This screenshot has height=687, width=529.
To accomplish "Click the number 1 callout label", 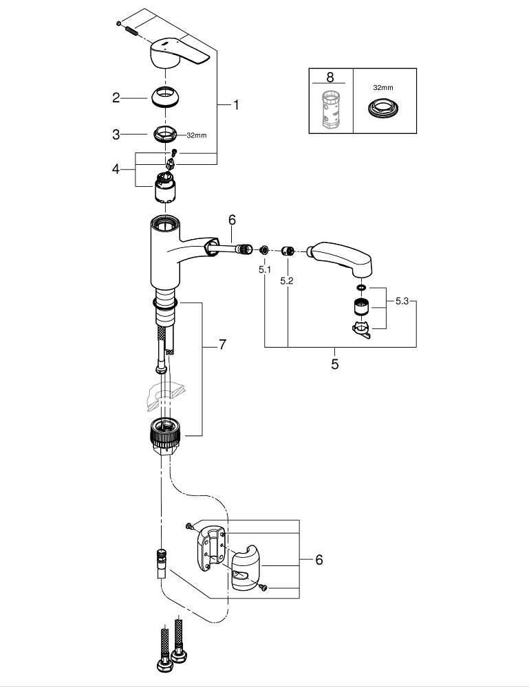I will tap(235, 105).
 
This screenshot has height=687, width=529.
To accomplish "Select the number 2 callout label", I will tap(116, 98).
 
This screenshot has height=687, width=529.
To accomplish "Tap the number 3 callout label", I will tap(116, 135).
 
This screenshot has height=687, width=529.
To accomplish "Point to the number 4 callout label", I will tap(116, 168).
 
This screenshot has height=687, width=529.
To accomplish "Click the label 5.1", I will tap(265, 270).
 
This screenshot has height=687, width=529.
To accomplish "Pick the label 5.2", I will tap(288, 280).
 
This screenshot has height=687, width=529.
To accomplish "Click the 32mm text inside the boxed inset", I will tap(383, 89).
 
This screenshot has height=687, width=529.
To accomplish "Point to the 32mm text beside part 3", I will tap(196, 135).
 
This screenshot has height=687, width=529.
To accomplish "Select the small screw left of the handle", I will tap(129, 27).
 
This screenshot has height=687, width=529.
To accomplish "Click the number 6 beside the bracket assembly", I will tap(319, 560).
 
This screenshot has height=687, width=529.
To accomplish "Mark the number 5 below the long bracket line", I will tap(335, 365).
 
